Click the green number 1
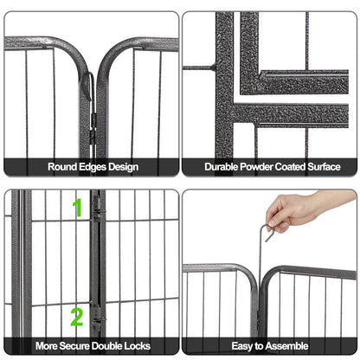point(78,208)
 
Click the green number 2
point(77,317)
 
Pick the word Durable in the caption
point(223,167)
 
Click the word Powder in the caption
point(263,167)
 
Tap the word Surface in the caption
point(336,167)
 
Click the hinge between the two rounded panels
point(91,95)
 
